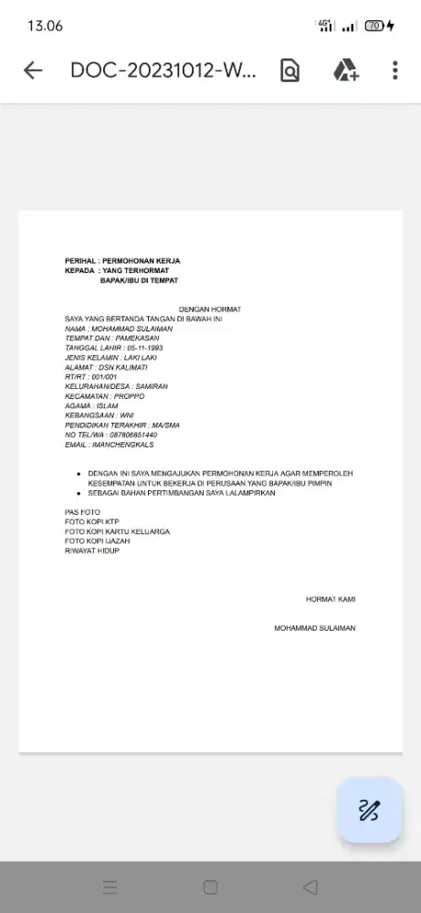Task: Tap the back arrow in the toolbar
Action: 33,71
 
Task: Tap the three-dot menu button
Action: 395,71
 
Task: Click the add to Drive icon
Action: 344,71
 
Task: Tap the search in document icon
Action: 289,71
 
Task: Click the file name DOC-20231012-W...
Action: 163,71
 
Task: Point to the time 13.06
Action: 45,26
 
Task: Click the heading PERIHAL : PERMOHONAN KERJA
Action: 122,261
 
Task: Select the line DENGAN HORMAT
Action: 210,310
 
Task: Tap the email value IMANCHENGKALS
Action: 123,445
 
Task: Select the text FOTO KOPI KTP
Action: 92,522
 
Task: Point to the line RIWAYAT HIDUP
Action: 92,551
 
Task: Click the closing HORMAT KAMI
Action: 331,600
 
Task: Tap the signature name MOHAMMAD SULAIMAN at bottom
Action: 315,628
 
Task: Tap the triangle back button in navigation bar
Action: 310,887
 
